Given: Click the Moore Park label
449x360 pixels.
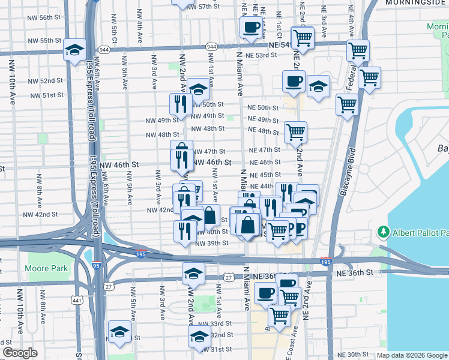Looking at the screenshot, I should (x=47, y=268).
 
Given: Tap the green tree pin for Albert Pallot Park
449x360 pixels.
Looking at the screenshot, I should (x=383, y=232).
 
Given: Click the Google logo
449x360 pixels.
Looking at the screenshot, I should (x=20, y=353).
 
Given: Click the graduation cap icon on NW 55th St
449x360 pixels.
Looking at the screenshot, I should (x=75, y=49).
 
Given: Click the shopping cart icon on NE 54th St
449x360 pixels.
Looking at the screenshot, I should (x=303, y=37).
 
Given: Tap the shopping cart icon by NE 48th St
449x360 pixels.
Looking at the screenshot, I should (x=295, y=131).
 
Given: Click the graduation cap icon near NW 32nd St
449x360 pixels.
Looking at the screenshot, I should (x=199, y=337).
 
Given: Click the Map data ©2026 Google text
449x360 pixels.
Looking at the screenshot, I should (x=411, y=355).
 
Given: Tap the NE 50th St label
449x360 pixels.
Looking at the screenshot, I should (x=263, y=107).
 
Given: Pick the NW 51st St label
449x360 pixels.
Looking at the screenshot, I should (x=47, y=95).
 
